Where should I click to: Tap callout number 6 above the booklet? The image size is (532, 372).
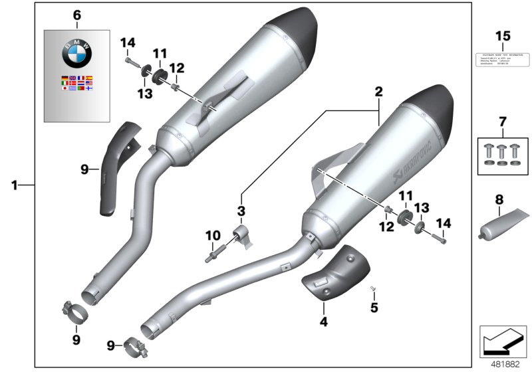pyautogui.click(x=76, y=15)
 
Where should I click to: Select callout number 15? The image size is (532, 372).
pyautogui.click(x=503, y=35)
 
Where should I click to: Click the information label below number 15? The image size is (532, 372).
pyautogui.click(x=503, y=58)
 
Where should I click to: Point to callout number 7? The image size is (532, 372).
pyautogui.click(x=503, y=122)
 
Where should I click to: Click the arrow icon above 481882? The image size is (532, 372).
pyautogui.click(x=502, y=341)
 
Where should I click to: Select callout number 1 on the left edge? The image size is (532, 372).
pyautogui.click(x=14, y=185)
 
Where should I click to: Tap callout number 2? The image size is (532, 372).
pyautogui.click(x=378, y=94)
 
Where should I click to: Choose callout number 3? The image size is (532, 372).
pyautogui.click(x=241, y=211)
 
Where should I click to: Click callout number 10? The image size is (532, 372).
pyautogui.click(x=212, y=235)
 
